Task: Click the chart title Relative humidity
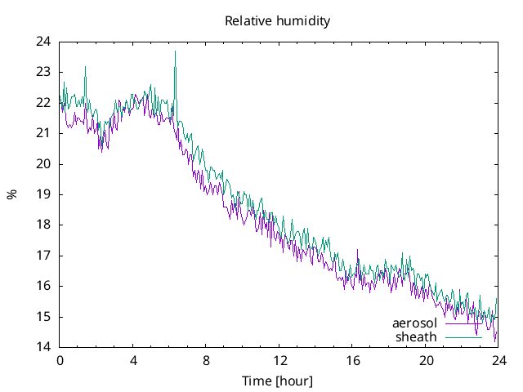[278, 21]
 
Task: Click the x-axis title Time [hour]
[278, 381]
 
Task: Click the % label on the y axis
[12, 194]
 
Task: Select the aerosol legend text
[414, 323]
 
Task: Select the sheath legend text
[416, 336]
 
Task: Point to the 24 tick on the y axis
[43, 42]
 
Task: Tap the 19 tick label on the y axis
[43, 194]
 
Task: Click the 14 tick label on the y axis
[43, 347]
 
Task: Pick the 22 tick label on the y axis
[43, 103]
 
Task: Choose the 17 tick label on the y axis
[43, 256]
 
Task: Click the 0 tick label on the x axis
[60, 361]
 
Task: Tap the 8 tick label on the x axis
[206, 361]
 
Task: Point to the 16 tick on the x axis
[352, 361]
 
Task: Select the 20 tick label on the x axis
[426, 361]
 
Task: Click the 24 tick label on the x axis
[498, 361]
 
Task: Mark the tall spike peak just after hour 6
[175, 51]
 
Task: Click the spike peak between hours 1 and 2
[85, 67]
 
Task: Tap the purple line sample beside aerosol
[463, 323]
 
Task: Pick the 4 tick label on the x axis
[133, 361]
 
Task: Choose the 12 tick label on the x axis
[279, 361]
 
